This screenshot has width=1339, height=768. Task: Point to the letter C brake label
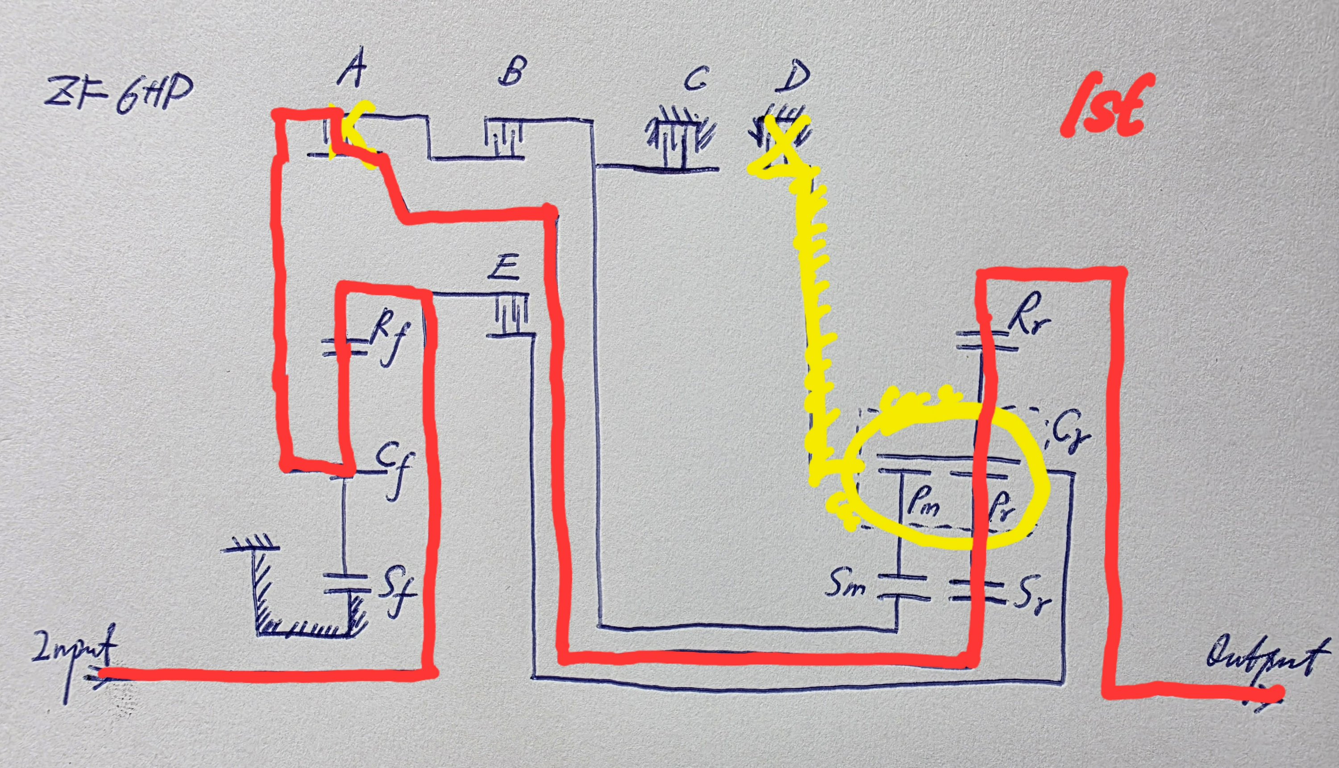click(696, 79)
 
